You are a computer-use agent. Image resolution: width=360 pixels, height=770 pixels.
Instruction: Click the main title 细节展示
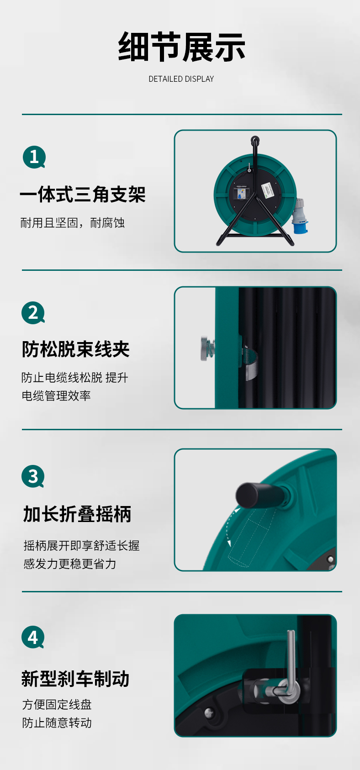[x=181, y=47]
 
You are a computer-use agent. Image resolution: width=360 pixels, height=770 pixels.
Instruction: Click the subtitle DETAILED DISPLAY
[x=181, y=79]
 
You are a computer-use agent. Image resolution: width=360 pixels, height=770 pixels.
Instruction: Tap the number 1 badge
[x=34, y=157]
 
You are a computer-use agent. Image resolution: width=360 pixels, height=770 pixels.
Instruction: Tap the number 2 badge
[x=33, y=313]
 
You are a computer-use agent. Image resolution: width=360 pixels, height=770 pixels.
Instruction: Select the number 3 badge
[x=33, y=476]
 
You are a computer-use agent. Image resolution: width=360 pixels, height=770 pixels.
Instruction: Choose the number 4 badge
[x=33, y=637]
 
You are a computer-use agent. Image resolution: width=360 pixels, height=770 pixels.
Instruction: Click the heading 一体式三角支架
[x=83, y=194]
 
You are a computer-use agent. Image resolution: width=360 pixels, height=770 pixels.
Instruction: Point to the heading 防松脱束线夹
[x=76, y=349]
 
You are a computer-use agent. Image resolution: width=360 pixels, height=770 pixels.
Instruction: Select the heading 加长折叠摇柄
[x=77, y=514]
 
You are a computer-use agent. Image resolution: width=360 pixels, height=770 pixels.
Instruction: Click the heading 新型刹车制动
[x=75, y=679]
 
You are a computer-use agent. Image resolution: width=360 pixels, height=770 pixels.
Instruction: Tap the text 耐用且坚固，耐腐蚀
[x=73, y=223]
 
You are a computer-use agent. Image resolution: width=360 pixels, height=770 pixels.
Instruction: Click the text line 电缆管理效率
[x=56, y=396]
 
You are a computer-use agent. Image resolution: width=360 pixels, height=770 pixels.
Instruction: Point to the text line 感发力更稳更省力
[x=70, y=564]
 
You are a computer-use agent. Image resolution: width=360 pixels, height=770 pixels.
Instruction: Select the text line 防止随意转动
[x=57, y=723]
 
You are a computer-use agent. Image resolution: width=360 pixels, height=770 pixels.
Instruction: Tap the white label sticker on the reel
[x=269, y=190]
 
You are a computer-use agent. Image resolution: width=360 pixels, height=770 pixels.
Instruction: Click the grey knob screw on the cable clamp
[x=207, y=349]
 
